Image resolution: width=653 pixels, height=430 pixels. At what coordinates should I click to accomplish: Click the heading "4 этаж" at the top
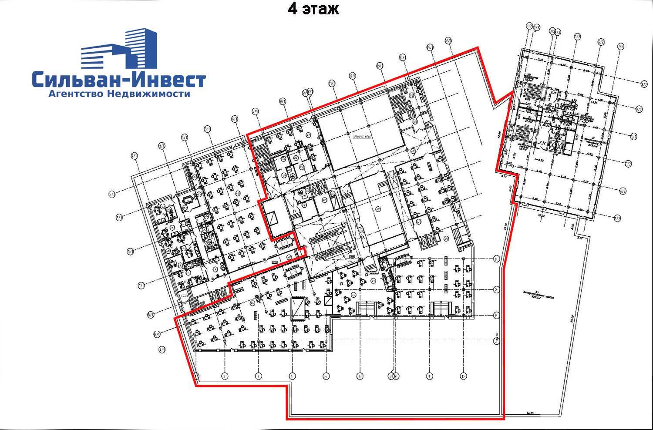(x=313, y=9)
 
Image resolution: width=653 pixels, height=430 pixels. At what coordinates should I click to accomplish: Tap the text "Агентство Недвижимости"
(x=118, y=94)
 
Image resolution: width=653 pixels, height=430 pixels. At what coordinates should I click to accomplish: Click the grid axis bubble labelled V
(x=496, y=259)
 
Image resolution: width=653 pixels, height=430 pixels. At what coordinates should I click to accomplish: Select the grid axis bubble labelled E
(x=496, y=315)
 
